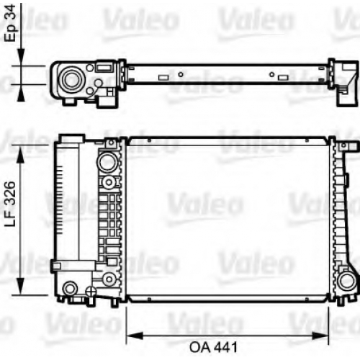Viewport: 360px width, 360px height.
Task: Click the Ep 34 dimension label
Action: tap(12, 23)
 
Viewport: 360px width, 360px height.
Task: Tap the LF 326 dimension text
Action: tap(11, 204)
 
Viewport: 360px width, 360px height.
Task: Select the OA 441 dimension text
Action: tap(213, 347)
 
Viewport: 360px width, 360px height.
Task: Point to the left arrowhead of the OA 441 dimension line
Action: tap(135, 336)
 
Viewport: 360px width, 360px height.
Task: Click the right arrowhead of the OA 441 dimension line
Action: tap(320, 336)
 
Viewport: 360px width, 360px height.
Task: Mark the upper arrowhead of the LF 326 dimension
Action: tap(21, 153)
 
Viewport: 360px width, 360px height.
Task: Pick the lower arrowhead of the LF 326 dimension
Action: tap(21, 286)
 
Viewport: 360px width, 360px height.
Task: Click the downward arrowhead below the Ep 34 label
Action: tap(21, 57)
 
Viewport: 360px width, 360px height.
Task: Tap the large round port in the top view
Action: tap(72, 78)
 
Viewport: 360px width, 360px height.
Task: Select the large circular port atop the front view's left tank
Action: tap(107, 161)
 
